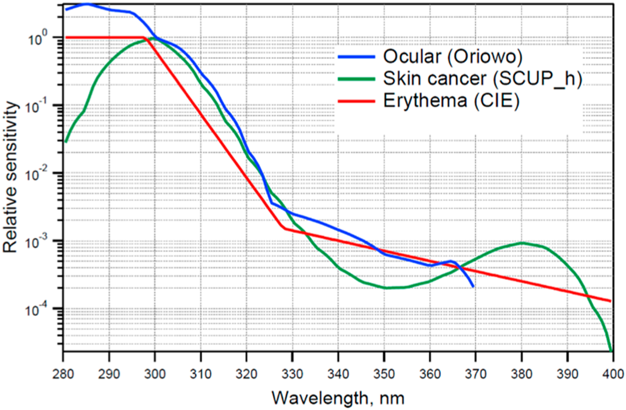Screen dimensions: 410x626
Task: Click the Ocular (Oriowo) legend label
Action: (452, 56)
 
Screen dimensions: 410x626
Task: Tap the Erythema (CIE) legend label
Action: (451, 101)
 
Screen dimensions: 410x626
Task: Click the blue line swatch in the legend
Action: (356, 57)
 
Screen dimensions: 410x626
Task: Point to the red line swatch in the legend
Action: (356, 101)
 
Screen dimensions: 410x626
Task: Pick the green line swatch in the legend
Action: (356, 79)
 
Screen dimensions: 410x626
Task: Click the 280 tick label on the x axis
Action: (63, 374)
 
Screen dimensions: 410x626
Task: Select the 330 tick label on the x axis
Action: (292, 374)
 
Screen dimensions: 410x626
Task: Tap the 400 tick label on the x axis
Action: (613, 374)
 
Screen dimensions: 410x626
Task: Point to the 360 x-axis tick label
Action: (430, 374)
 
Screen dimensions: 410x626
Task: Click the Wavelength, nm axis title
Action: (338, 398)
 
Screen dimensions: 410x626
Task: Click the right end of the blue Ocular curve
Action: (473, 286)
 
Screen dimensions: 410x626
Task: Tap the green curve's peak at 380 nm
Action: (522, 243)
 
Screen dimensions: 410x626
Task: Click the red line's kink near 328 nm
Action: (284, 228)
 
